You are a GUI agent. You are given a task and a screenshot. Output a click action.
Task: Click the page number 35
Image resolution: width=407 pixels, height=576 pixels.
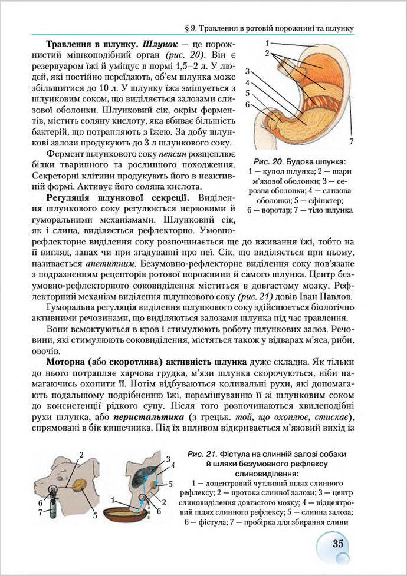[x=338, y=543]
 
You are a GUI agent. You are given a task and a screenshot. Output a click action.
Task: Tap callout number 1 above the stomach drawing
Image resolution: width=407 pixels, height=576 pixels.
[x=267, y=43]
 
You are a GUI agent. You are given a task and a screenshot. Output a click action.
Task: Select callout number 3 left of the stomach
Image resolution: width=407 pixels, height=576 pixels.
[x=248, y=71]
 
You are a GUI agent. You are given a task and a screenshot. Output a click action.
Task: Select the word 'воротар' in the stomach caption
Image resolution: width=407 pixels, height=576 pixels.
[x=277, y=210]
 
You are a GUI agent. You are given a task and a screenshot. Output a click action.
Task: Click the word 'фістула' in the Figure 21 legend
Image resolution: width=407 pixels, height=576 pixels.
[x=211, y=522]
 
